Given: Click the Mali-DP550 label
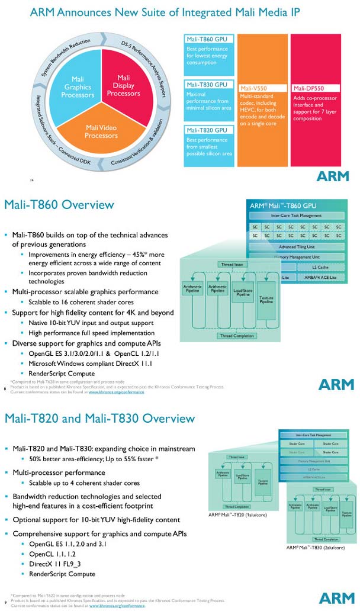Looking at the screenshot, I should (x=308, y=88).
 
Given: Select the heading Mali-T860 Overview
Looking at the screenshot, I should (x=59, y=205).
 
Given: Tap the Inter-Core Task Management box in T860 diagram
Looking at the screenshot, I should (x=295, y=216).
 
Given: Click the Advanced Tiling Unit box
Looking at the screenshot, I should (x=295, y=247).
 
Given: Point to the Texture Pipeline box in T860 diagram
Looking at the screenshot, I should (x=266, y=300).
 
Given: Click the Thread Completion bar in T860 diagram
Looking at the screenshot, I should (x=237, y=336).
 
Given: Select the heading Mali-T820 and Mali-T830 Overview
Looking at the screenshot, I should (x=99, y=419).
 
